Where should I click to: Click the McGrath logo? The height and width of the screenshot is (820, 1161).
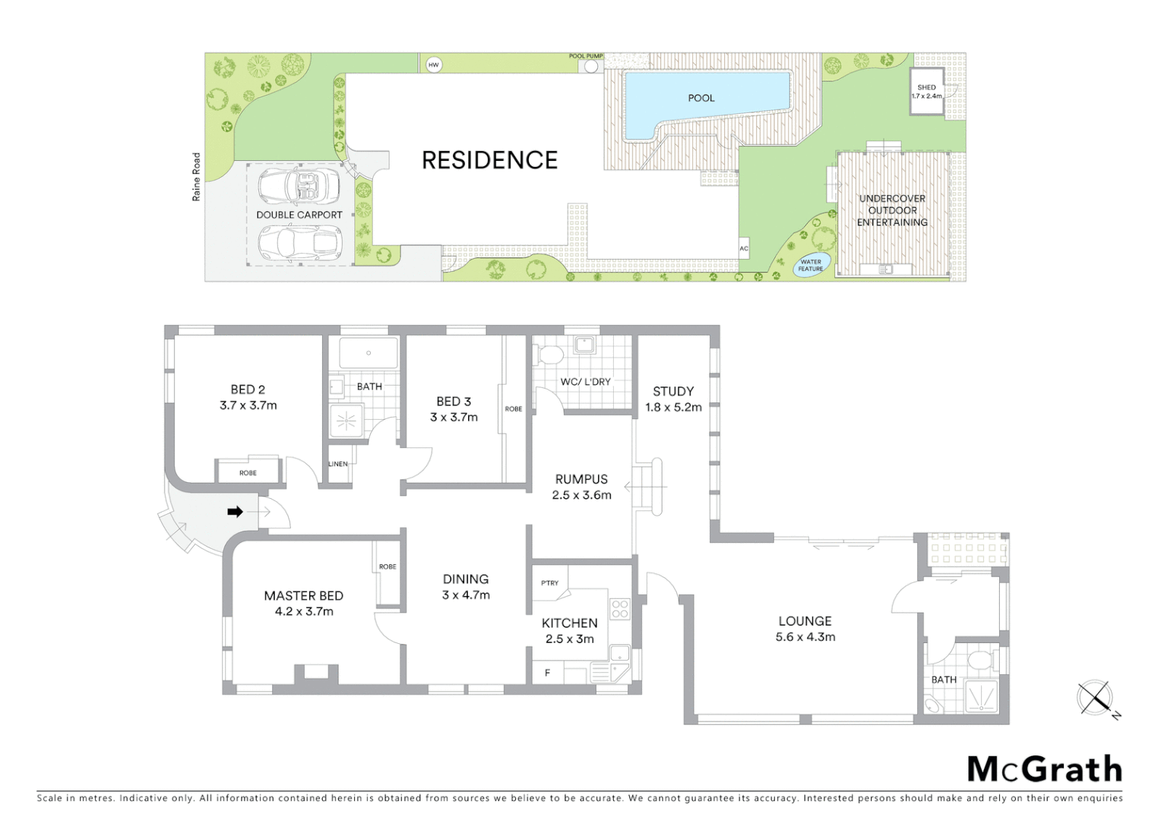(1045, 769)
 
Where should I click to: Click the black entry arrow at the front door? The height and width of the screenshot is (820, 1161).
(236, 512)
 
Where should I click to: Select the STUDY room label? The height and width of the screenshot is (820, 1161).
(673, 391)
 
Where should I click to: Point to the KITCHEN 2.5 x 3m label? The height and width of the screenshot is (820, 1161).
(569, 630)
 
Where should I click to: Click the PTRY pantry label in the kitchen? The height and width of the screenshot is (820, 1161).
(549, 583)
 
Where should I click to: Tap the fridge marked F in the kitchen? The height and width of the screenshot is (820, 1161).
(547, 673)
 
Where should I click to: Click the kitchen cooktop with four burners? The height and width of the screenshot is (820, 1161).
(620, 609)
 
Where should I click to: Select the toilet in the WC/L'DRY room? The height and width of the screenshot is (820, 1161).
(549, 354)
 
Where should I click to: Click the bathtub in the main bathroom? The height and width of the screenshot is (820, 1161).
(369, 354)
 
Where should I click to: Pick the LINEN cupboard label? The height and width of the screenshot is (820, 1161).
(338, 464)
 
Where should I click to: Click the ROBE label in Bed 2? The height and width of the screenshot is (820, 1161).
(248, 472)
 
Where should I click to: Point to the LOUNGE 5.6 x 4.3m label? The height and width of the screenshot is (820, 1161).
(805, 629)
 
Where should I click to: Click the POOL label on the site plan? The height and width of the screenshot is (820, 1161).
(701, 98)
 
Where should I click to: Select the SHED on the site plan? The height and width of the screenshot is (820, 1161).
(926, 92)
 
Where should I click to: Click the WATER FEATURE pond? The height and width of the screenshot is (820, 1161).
(811, 265)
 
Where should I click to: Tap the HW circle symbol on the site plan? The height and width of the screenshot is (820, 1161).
(433, 65)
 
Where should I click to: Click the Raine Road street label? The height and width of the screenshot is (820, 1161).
(197, 177)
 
